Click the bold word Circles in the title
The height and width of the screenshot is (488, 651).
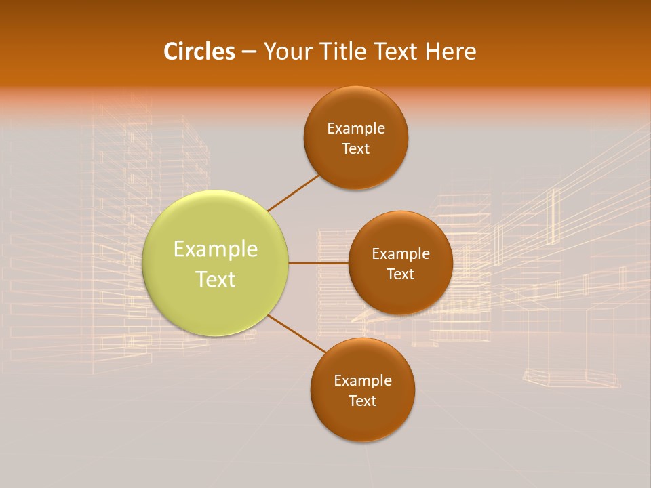(x=199, y=52)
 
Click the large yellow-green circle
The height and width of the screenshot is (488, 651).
(x=216, y=298)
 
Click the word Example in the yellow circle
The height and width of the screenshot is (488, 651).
(x=216, y=249)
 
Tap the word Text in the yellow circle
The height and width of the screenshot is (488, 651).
(x=216, y=279)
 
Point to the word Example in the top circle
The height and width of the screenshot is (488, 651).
(x=356, y=129)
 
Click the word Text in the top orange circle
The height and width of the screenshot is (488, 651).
(x=356, y=149)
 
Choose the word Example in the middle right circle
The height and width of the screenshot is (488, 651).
(x=401, y=254)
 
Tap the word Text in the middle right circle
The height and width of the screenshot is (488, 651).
(x=401, y=274)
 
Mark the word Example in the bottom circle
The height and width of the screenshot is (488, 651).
(x=363, y=381)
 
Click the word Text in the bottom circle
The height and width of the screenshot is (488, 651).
(x=363, y=401)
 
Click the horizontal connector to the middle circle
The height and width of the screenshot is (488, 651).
(x=318, y=263)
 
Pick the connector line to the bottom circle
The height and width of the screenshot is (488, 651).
(x=297, y=334)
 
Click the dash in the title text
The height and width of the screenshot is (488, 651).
(x=249, y=52)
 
